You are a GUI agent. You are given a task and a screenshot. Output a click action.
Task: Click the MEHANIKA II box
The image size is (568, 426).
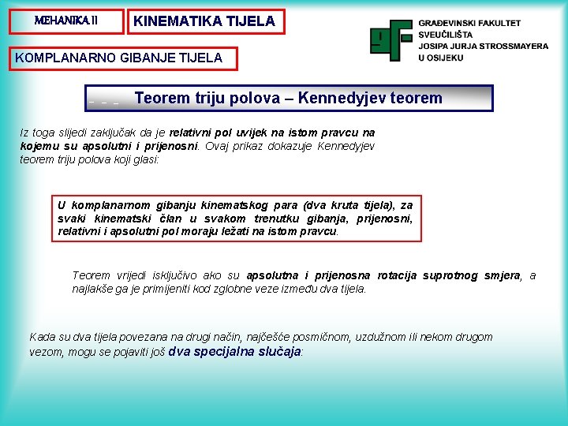[66, 21]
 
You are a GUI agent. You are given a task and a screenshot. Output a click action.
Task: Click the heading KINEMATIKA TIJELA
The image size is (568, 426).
[204, 22]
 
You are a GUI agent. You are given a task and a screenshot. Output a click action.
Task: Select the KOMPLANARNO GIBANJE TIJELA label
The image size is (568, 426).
[118, 58]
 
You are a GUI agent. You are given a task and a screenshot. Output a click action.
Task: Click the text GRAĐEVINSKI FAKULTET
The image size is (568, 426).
[469, 24]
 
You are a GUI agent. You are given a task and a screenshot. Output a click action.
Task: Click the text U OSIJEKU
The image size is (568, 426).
[440, 58]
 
